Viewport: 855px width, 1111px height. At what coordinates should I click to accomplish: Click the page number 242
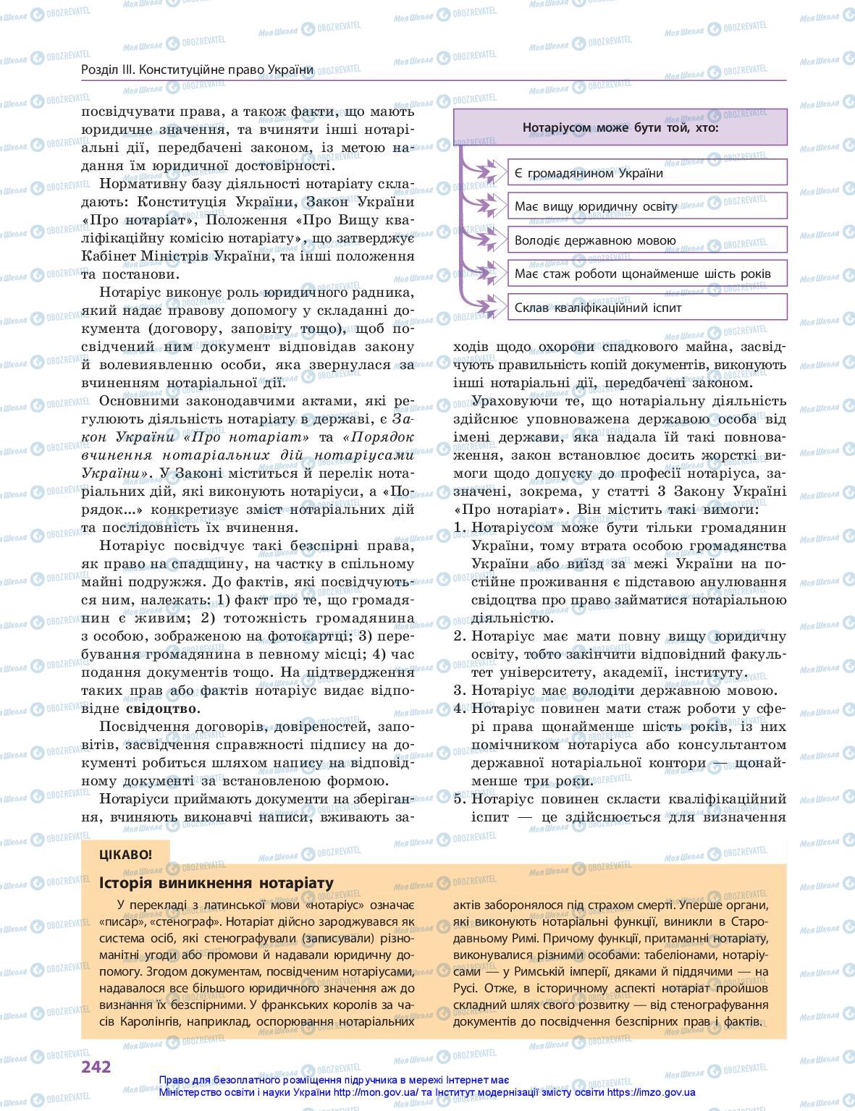[96, 1066]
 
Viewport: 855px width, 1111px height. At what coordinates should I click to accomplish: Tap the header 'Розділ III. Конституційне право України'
[198, 69]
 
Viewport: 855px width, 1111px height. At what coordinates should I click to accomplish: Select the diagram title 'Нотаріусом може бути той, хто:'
[620, 127]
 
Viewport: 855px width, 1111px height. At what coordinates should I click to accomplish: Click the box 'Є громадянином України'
[646, 173]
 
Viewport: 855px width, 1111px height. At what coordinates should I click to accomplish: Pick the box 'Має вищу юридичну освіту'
[646, 206]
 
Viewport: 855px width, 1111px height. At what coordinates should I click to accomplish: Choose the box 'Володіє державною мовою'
[646, 240]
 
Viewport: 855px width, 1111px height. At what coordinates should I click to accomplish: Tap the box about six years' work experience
[646, 274]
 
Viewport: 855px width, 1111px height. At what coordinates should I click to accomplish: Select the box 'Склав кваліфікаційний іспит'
[646, 308]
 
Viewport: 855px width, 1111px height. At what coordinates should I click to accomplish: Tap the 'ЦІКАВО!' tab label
[126, 853]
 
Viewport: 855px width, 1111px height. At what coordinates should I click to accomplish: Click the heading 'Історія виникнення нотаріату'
[216, 883]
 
